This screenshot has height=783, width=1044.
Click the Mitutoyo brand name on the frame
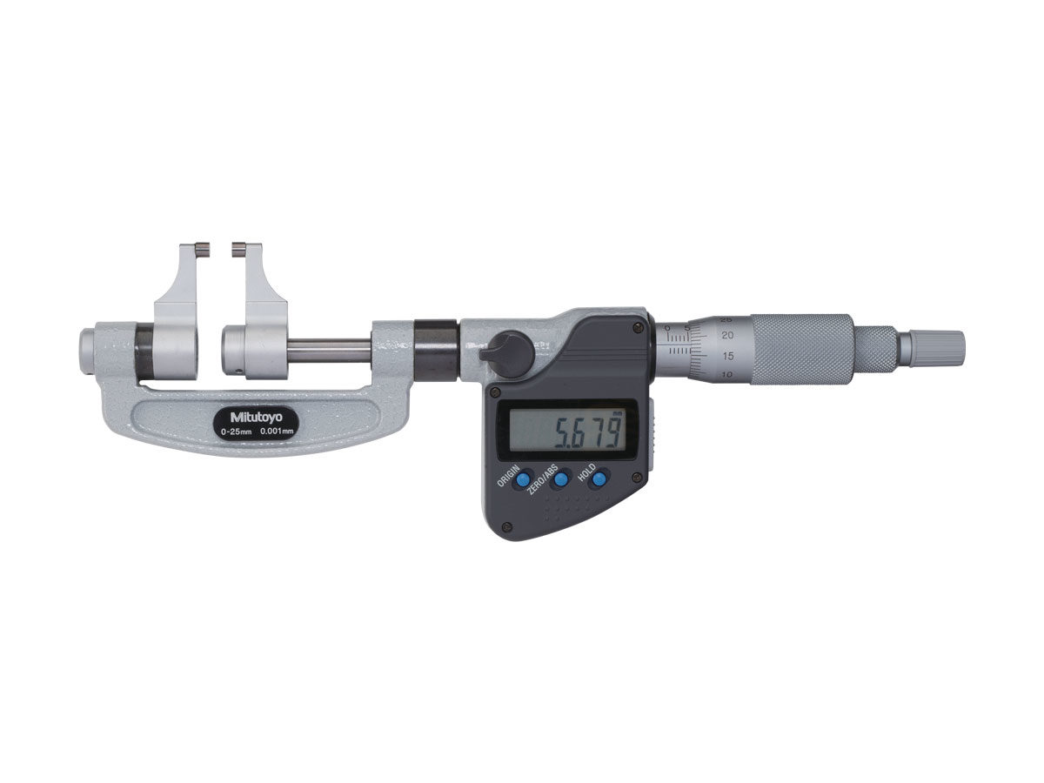click(x=256, y=417)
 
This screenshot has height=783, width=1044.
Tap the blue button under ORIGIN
click(x=523, y=479)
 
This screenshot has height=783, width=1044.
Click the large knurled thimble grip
click(x=802, y=349)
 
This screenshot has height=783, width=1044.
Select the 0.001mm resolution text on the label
click(x=277, y=432)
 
